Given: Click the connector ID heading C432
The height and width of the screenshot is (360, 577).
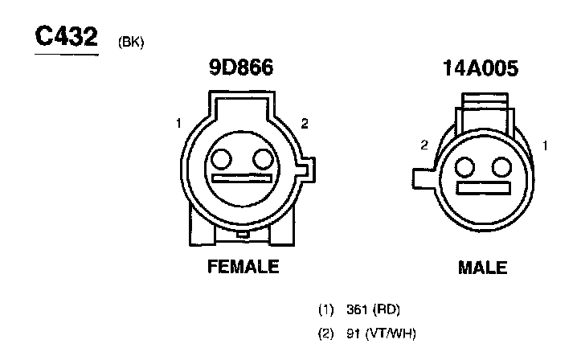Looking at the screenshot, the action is (66, 36).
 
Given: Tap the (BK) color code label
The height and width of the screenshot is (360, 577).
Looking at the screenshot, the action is (131, 42).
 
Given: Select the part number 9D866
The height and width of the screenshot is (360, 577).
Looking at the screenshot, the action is (241, 67).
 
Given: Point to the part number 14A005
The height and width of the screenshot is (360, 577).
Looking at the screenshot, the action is (481, 68).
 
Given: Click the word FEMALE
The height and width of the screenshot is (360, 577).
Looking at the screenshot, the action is (243, 266).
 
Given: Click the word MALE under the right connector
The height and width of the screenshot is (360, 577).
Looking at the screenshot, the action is (482, 268).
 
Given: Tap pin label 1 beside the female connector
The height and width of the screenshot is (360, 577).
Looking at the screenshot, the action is (179, 123).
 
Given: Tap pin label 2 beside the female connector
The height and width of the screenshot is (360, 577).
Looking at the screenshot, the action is (305, 123).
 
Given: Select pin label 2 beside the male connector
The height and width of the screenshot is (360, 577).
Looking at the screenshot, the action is (424, 145).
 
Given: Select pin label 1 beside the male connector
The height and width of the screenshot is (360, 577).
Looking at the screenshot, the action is (545, 145).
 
